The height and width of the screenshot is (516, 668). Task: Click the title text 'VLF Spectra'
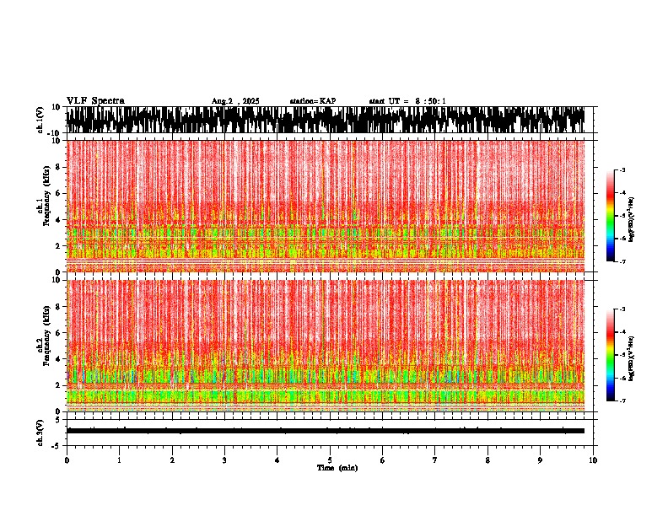(95, 101)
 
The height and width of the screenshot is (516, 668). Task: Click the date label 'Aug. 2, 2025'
(235, 101)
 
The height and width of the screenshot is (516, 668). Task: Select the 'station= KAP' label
(313, 101)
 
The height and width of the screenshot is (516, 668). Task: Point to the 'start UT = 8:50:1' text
(407, 101)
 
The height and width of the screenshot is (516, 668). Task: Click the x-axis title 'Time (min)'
(337, 467)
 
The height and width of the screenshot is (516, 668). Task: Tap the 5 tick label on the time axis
(330, 460)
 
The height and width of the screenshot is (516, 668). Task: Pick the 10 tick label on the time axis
(593, 460)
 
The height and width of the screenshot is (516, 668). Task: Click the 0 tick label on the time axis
(67, 460)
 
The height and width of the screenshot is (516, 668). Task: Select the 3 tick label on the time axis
(224, 460)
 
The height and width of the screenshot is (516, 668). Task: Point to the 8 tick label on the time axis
(488, 460)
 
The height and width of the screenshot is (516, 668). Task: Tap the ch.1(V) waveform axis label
(40, 120)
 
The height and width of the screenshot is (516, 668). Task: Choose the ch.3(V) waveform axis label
(40, 431)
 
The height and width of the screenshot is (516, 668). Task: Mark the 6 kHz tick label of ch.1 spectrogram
(57, 193)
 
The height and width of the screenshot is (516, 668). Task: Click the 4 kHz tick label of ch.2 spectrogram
(57, 359)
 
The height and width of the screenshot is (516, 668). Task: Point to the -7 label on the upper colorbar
(624, 262)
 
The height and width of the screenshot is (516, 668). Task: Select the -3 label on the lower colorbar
(624, 309)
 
